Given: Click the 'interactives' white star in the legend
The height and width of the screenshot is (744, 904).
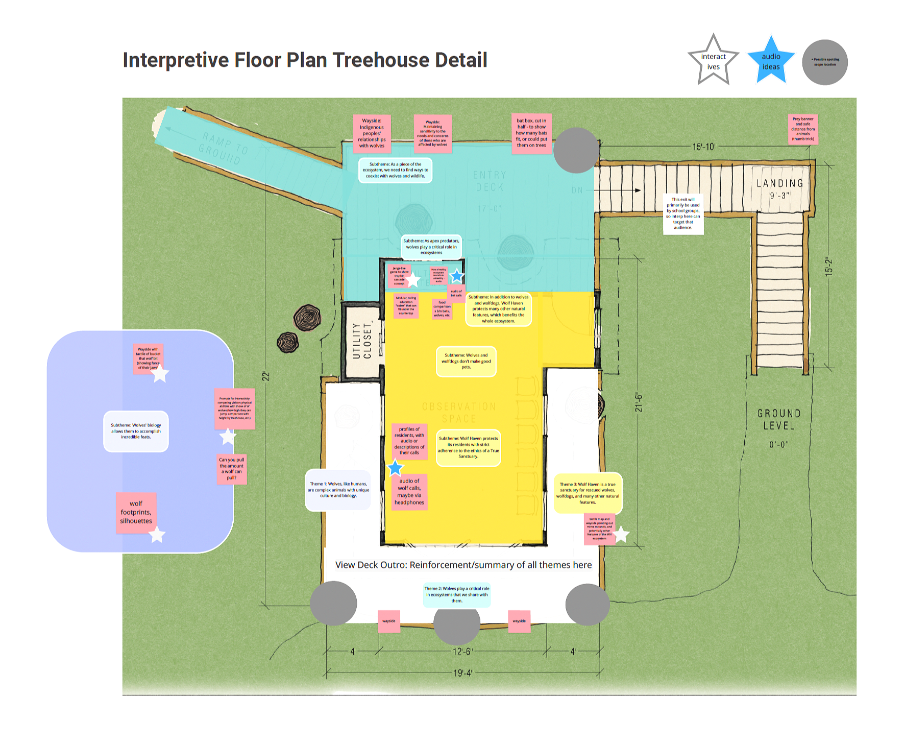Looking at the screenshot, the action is (713, 61).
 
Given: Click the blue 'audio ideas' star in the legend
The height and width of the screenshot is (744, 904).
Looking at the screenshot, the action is (771, 61).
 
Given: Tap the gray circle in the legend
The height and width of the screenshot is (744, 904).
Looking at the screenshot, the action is (824, 62).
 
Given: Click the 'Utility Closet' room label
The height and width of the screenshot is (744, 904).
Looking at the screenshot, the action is (362, 341).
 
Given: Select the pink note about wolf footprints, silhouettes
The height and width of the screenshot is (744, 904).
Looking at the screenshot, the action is (136, 512).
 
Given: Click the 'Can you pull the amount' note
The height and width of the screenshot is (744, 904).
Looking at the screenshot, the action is (232, 469).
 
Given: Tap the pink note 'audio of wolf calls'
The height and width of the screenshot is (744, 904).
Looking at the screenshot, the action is (409, 492).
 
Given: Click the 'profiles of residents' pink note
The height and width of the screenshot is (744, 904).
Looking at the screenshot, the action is (409, 441).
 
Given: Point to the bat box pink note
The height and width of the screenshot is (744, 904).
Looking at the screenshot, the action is (531, 133).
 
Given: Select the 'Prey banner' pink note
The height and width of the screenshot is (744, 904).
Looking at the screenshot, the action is (803, 129).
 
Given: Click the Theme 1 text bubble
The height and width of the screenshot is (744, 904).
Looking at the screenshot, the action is (338, 490).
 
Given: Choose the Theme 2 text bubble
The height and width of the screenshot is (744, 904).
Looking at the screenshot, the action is (457, 594).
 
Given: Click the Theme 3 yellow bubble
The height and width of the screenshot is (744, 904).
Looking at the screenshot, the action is (588, 493).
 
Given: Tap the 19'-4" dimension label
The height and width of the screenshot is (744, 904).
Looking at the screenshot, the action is (463, 673).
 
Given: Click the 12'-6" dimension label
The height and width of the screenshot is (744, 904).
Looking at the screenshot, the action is (463, 652).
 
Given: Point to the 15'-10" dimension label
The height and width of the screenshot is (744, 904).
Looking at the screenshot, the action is (704, 147).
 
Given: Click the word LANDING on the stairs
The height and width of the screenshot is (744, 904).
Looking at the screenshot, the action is (779, 183).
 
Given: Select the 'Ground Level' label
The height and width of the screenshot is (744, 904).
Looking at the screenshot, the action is (779, 420).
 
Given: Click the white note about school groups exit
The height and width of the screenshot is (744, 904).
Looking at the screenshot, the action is (683, 213).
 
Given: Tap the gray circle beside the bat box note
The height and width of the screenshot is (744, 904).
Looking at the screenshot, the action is (576, 150).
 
